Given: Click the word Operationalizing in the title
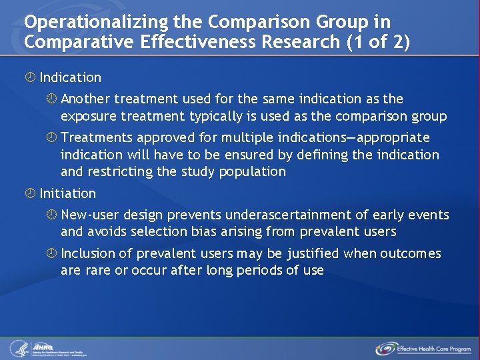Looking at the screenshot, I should click(x=79, y=22).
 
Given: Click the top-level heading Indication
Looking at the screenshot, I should click(x=70, y=77).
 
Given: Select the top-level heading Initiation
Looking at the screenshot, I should click(x=67, y=193).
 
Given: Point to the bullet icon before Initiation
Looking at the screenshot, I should click(x=30, y=193).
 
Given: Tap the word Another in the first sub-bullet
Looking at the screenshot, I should click(x=85, y=99).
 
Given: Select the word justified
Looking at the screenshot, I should click(x=313, y=253).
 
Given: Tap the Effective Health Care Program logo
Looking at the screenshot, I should click(x=423, y=349).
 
